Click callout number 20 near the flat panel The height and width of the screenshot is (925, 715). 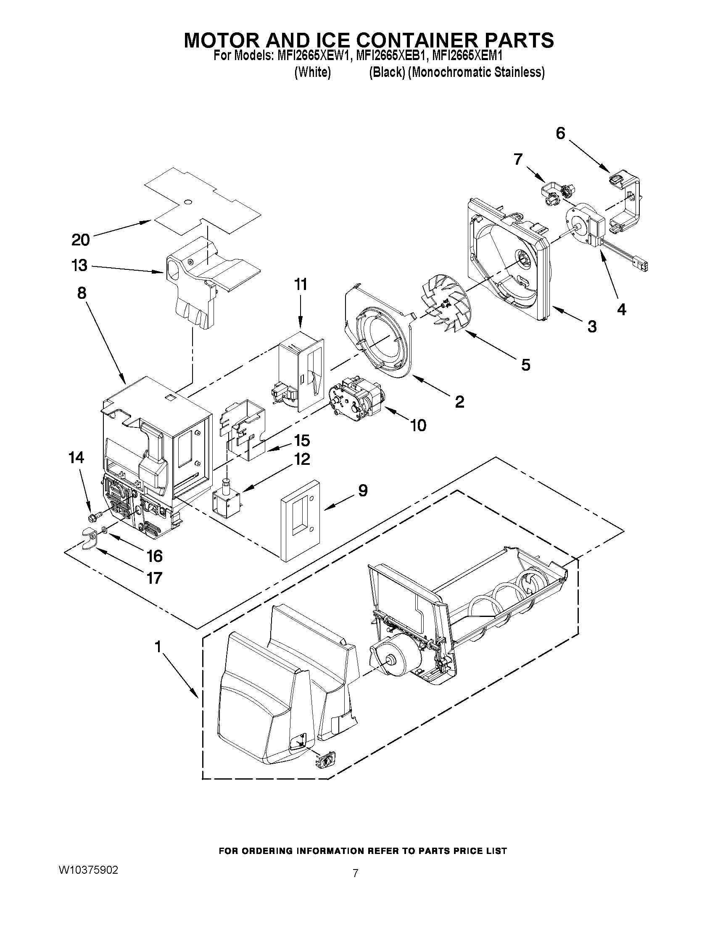(80, 240)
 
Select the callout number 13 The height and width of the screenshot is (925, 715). (79, 266)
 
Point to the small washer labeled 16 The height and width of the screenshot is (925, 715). (104, 530)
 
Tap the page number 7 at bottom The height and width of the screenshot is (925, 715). (355, 873)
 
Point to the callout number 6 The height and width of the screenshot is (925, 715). (560, 133)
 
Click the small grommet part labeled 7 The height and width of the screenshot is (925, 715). (555, 193)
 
